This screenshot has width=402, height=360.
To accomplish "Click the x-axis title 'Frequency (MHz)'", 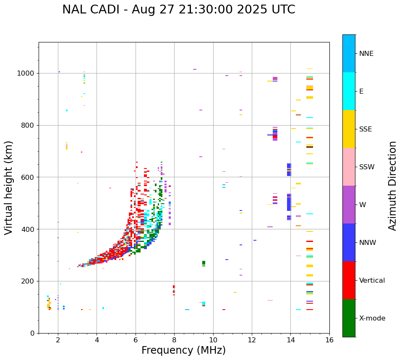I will tap(183, 350).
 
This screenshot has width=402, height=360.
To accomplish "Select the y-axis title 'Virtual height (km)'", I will tap(9, 188).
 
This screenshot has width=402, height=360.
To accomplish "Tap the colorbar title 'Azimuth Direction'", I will tap(392, 186).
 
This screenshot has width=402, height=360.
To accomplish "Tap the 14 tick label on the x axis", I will tap(290, 340).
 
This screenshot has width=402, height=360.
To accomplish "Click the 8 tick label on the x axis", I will tap(174, 340).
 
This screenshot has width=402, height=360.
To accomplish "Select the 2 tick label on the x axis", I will tap(58, 340).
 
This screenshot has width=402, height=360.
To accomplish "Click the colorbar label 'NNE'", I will tap(366, 54).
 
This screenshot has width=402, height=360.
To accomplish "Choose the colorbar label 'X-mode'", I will tap(372, 318).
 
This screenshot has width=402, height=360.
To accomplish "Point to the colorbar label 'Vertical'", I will tap(372, 281).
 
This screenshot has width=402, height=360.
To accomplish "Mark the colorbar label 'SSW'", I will tap(367, 167).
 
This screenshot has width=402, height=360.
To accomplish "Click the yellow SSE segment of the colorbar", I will tap(349, 129).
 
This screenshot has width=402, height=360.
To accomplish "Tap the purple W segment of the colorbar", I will tap(349, 205).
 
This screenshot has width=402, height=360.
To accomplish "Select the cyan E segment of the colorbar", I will tap(349, 91).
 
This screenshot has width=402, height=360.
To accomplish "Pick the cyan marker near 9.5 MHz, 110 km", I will tap(204, 303).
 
